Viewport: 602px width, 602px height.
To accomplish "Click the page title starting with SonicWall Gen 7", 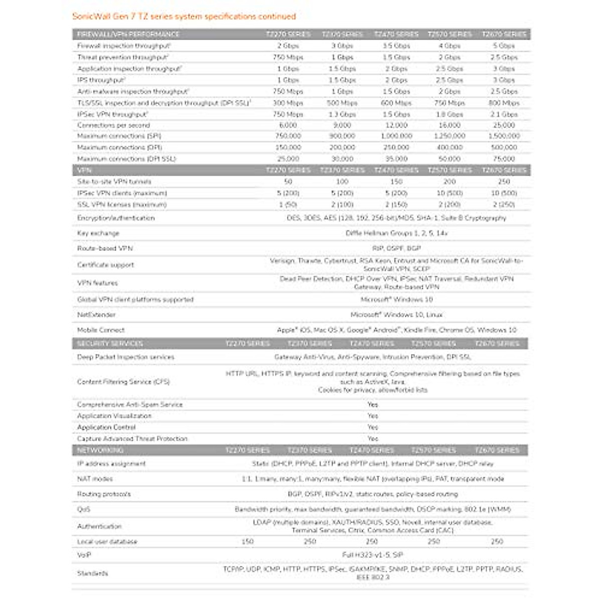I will pyautogui.click(x=184, y=17).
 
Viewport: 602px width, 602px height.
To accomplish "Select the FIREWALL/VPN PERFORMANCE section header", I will pyautogui.click(x=128, y=34).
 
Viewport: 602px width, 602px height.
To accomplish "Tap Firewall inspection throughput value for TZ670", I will pyautogui.click(x=504, y=46).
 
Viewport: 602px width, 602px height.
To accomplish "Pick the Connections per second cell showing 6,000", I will pyautogui.click(x=288, y=125).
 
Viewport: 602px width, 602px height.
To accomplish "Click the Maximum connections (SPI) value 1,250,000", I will pyautogui.click(x=449, y=136).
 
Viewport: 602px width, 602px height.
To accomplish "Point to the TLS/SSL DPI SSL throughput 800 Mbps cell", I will pyautogui.click(x=504, y=103).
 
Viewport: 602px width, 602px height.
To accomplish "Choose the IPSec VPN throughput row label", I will pyautogui.click(x=112, y=114).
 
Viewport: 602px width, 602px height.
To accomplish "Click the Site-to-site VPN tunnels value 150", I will pyautogui.click(x=396, y=182).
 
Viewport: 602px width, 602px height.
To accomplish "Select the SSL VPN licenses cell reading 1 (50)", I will pyautogui.click(x=288, y=205).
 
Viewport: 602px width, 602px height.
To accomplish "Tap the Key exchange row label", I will pyautogui.click(x=98, y=233).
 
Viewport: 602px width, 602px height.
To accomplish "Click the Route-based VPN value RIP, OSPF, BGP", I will pyautogui.click(x=396, y=248).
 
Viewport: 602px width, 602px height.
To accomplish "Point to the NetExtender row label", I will pyautogui.click(x=96, y=315).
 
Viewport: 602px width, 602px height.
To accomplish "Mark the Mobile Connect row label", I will pyautogui.click(x=101, y=330).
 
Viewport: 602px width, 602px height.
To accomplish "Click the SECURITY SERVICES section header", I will pyautogui.click(x=110, y=344).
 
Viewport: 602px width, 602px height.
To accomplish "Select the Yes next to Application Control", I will pyautogui.click(x=372, y=427).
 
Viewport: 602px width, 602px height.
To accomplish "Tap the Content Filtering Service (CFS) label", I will pyautogui.click(x=123, y=382).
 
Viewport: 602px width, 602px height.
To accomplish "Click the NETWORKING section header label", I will pyautogui.click(x=100, y=450).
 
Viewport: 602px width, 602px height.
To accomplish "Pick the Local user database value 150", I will pyautogui.click(x=247, y=542).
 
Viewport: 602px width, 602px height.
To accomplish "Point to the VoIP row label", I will pyautogui.click(x=84, y=555).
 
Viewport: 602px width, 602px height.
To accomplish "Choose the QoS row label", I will pyautogui.click(x=84, y=509).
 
